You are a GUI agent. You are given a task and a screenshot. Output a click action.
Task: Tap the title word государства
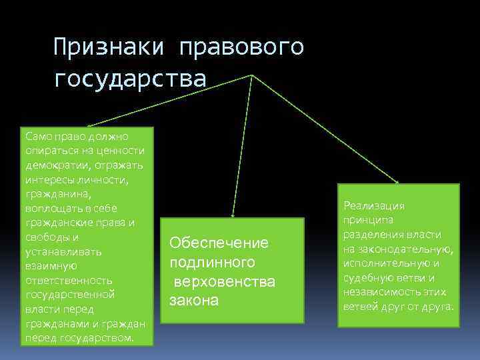[131, 79]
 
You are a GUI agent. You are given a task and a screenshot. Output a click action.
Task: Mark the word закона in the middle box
[194, 301]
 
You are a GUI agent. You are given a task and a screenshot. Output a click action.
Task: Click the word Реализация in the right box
[374, 206]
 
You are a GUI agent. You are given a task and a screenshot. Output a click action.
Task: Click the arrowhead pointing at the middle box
[232, 215]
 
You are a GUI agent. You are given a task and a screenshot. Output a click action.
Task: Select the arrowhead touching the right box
[397, 181]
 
